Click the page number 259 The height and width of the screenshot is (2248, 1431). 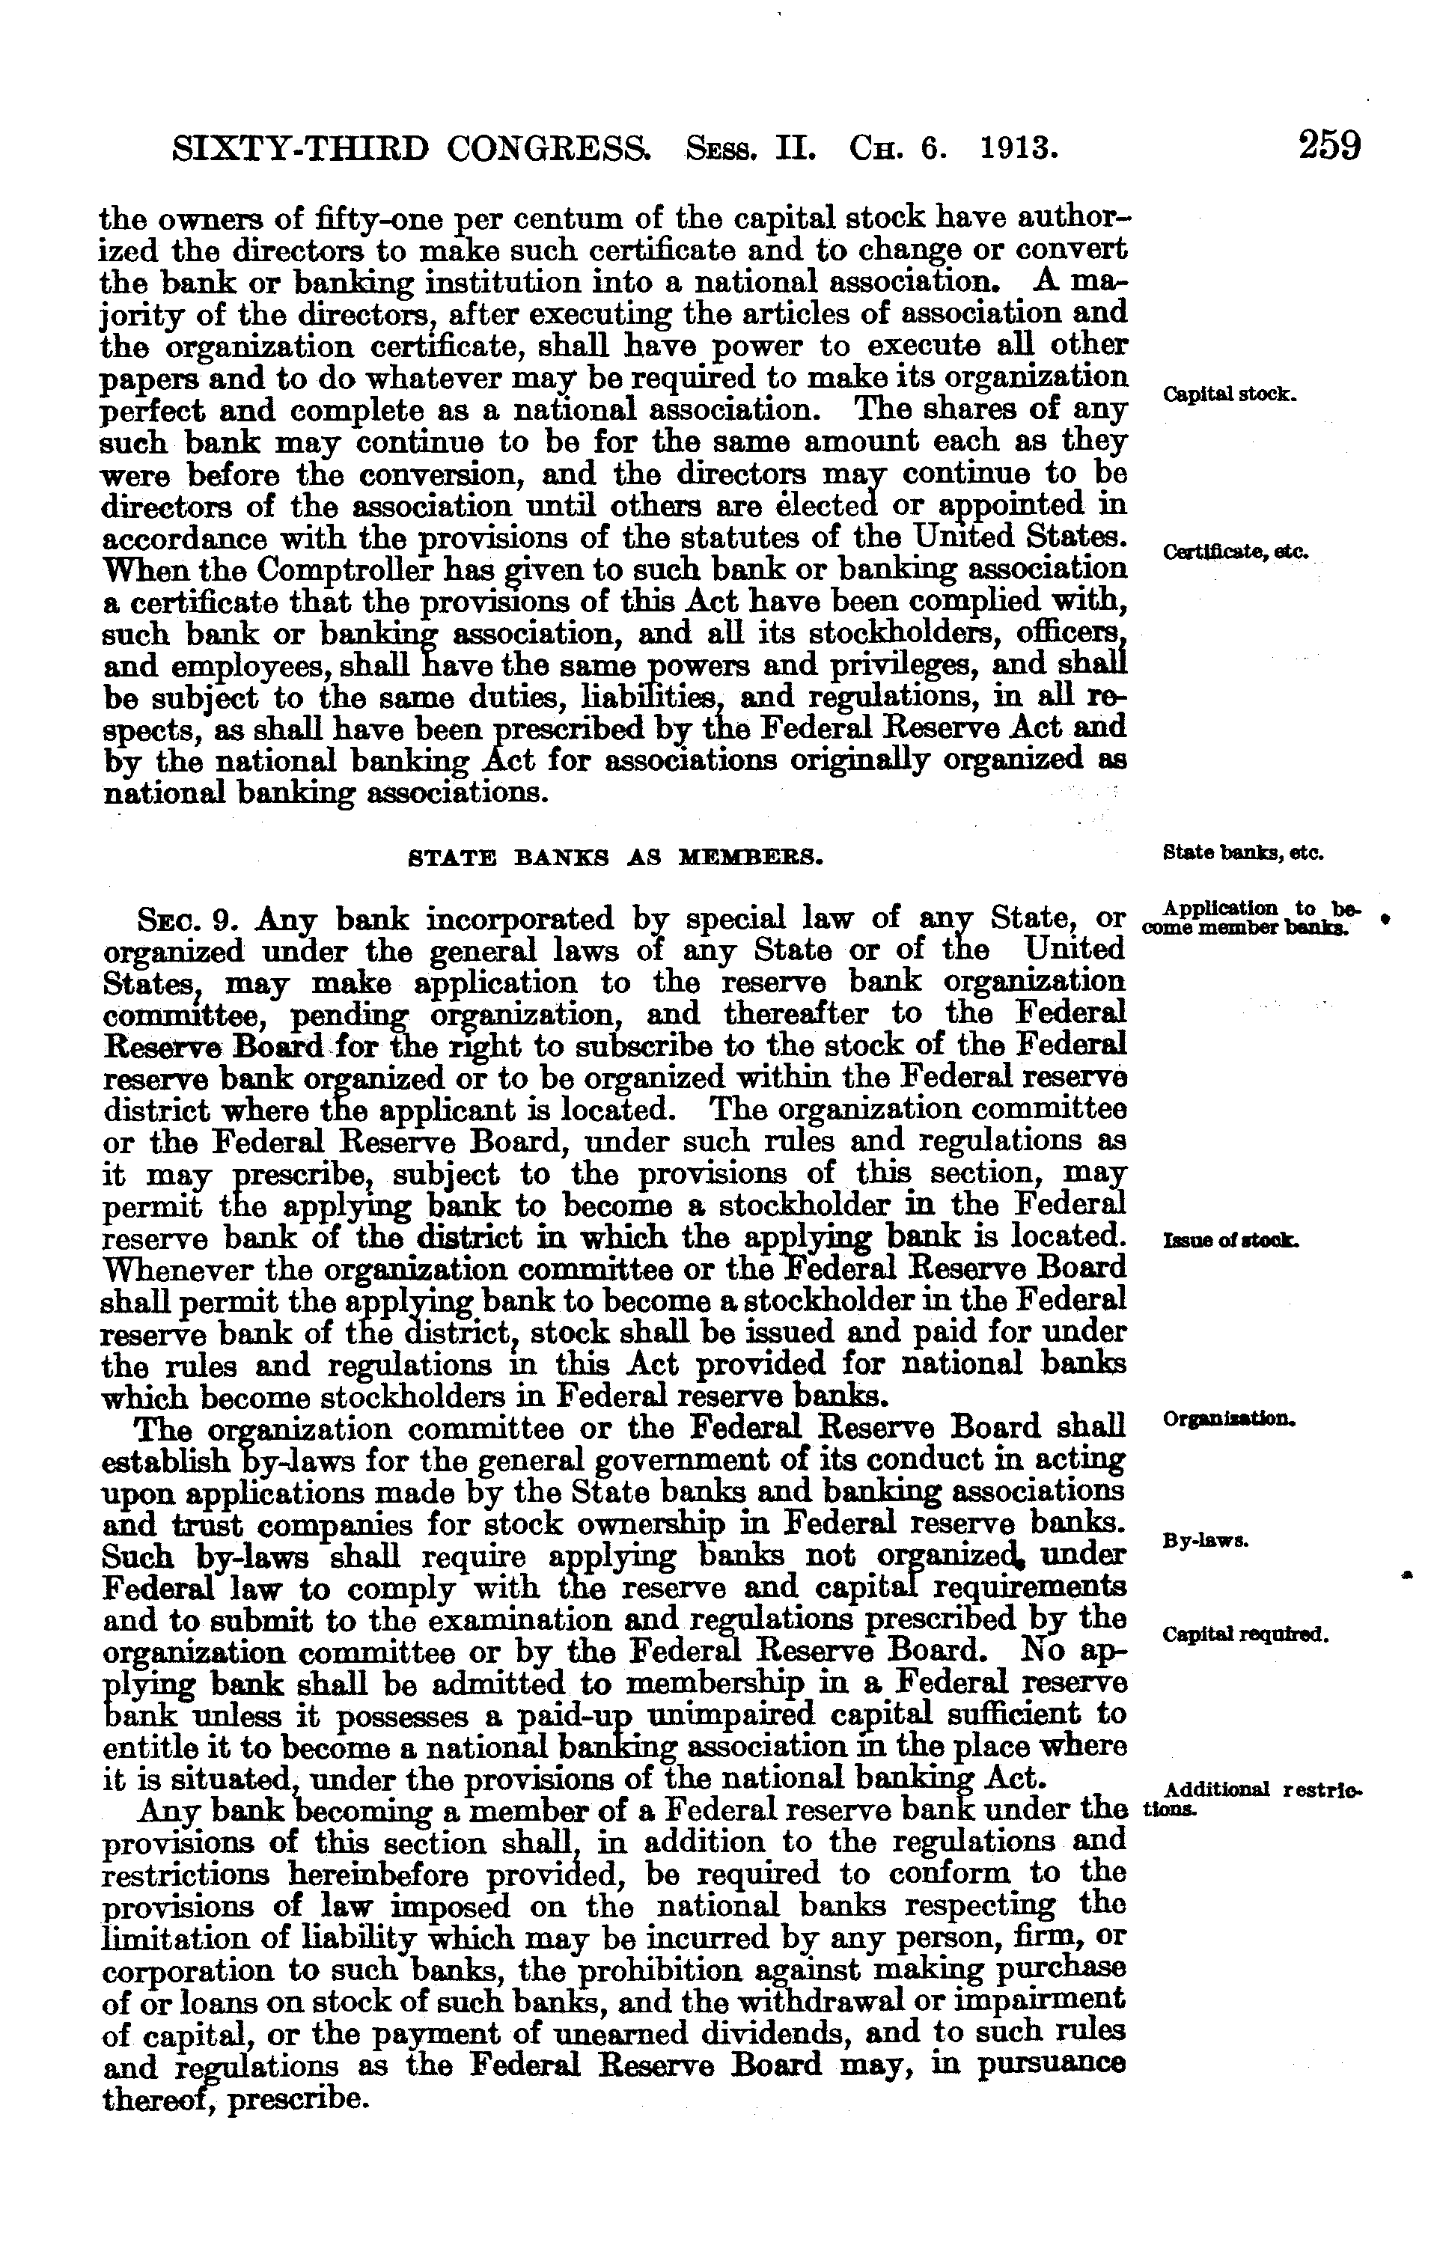(1328, 147)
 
